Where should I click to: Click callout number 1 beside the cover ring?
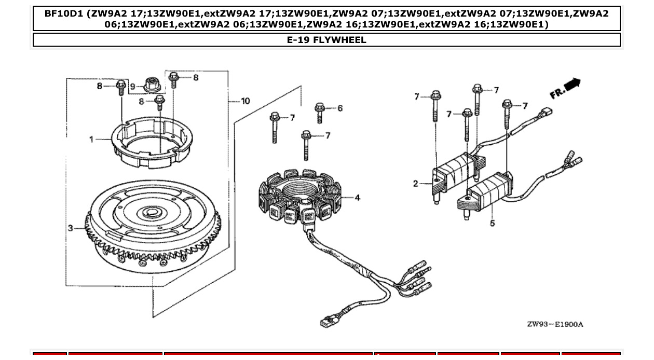pos(91,139)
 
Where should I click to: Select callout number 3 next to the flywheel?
pos(71,228)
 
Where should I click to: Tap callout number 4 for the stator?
pos(357,198)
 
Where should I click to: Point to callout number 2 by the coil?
pos(416,183)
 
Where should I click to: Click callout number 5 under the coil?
pos(492,223)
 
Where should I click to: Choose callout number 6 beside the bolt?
pos(340,108)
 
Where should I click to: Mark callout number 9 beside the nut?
pos(132,86)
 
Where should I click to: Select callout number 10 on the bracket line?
pos(245,101)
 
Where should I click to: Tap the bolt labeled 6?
pos(320,112)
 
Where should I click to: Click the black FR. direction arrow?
pos(573,85)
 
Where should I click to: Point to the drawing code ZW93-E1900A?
pos(555,324)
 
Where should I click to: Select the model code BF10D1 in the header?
pos(65,13)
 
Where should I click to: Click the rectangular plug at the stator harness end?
pos(328,321)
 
